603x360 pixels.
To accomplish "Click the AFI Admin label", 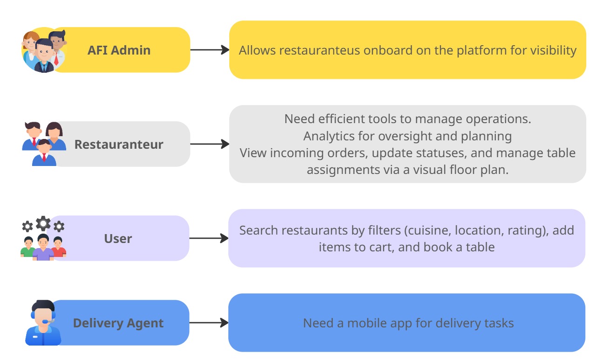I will point(119,50).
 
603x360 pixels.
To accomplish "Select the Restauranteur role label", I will point(119,145).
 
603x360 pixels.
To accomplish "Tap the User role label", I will point(118,239).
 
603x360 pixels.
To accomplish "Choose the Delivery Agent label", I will point(118,323).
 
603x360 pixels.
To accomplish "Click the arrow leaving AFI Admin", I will point(210,50).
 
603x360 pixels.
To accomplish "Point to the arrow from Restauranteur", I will point(210,144).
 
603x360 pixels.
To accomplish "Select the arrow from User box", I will point(209,238).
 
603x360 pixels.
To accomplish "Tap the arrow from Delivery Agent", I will point(209,323).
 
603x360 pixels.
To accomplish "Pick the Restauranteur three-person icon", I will point(44,143).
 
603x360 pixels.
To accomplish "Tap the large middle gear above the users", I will point(43,223).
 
